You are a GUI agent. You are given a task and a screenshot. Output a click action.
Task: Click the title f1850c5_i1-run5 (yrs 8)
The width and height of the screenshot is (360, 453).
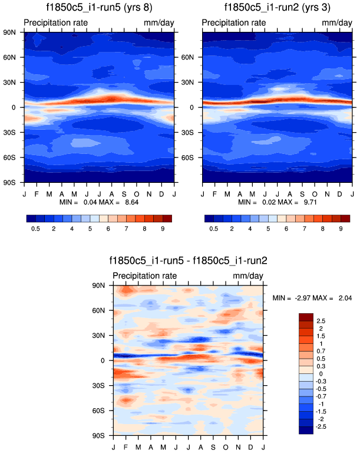(x=98, y=8)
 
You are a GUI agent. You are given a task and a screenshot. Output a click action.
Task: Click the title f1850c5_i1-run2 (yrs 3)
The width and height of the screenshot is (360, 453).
(x=278, y=8)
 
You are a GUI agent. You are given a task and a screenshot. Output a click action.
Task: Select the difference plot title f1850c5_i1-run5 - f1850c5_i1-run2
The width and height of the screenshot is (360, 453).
(x=188, y=260)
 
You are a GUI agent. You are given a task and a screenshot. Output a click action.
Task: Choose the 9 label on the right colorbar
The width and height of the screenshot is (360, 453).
(x=341, y=228)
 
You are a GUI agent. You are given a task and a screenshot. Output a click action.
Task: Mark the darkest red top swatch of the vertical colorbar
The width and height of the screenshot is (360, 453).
(x=306, y=316)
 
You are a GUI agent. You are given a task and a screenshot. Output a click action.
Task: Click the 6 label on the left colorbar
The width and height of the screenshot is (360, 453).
(x=110, y=228)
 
